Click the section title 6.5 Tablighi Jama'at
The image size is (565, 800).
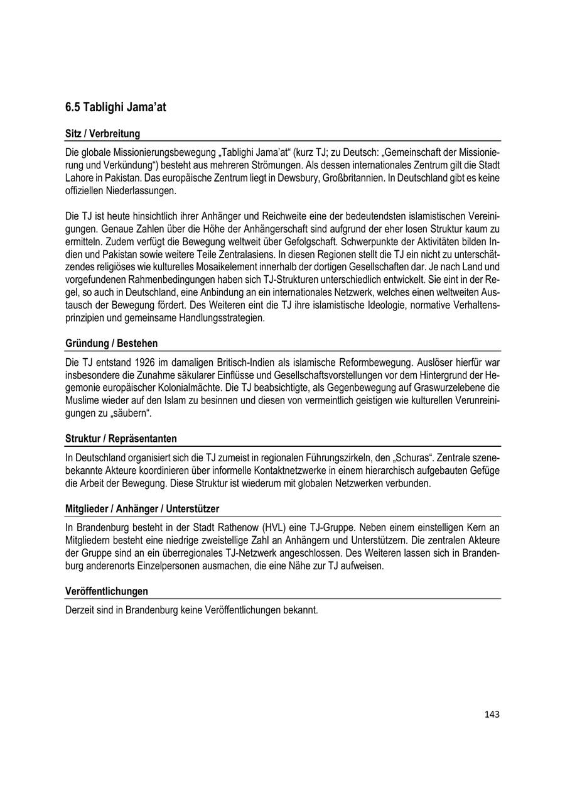[116, 107]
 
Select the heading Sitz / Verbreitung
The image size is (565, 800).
[102, 133]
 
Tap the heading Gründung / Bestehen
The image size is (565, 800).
[111, 343]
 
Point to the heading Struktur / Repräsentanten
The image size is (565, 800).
[121, 438]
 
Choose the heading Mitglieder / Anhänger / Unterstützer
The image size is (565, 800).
[142, 508]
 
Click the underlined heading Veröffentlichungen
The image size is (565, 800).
[107, 591]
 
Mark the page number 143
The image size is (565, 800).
[492, 714]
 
